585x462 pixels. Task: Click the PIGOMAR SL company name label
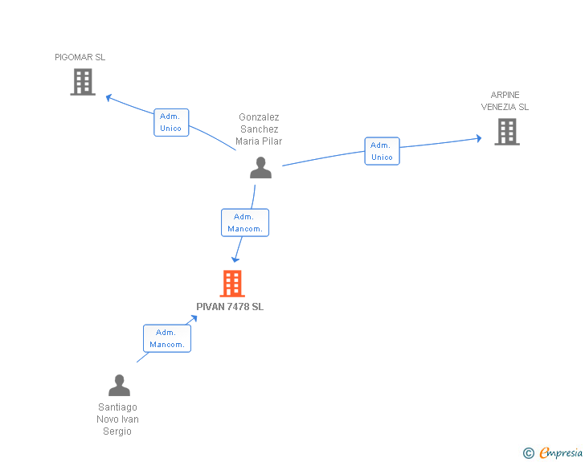pos(80,57)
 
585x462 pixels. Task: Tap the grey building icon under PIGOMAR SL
pos(83,82)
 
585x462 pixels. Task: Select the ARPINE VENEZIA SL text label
pos(505,100)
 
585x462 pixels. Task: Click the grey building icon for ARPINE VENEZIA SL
pos(507,132)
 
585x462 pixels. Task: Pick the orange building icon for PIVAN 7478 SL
pos(232,284)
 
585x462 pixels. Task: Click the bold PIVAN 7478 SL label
pos(230,307)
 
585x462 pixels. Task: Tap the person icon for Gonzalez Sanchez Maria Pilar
pos(261,168)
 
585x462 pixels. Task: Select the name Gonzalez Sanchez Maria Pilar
pos(259,129)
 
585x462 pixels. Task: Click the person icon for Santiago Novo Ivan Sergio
pos(120,385)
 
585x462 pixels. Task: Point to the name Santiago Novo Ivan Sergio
pos(117,419)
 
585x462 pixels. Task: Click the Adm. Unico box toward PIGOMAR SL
pos(171,122)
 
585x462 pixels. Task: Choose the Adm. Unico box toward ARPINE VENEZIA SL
pos(382,151)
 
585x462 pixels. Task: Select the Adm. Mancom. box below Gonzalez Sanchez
pos(245,223)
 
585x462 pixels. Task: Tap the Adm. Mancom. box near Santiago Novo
pos(167,338)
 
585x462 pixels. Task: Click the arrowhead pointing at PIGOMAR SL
pos(109,98)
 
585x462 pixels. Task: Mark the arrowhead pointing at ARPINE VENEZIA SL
pos(479,138)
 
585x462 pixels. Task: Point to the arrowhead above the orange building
pos(235,260)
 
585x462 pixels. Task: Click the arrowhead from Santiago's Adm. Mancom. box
pos(193,319)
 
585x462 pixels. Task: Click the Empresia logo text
pos(561,452)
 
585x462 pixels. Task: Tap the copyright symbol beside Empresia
pos(529,453)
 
